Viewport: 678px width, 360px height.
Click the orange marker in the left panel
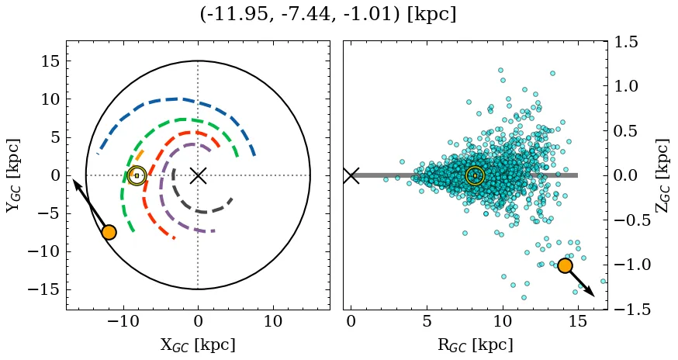pos(109,232)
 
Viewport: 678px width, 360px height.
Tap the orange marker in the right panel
pos(565,265)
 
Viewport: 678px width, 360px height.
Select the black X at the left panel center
pos(198,175)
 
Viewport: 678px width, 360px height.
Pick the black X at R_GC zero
pos(351,175)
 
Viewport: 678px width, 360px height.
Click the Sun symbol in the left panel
pos(137,176)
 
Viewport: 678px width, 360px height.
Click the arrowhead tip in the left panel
pos(74,180)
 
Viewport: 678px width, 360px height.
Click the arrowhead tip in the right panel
pos(594,296)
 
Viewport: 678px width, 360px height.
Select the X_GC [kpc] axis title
pos(198,344)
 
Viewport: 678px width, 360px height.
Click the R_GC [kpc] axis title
pos(475,344)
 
